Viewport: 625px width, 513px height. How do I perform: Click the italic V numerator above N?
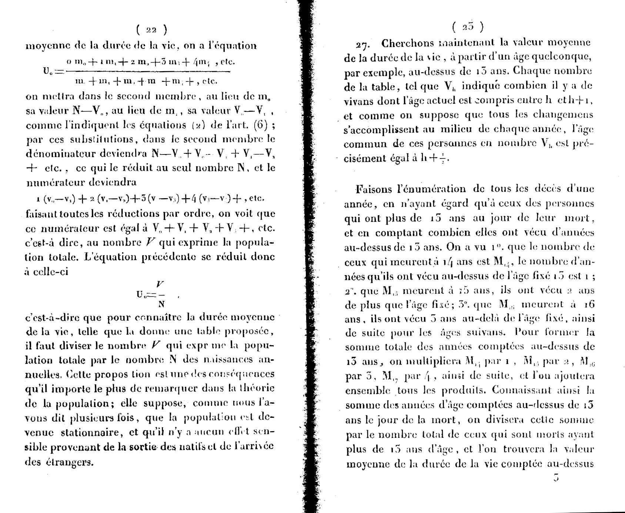(x=160, y=284)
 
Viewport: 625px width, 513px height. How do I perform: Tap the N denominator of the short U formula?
(x=161, y=304)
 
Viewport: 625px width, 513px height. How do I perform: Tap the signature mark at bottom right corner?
(x=555, y=478)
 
